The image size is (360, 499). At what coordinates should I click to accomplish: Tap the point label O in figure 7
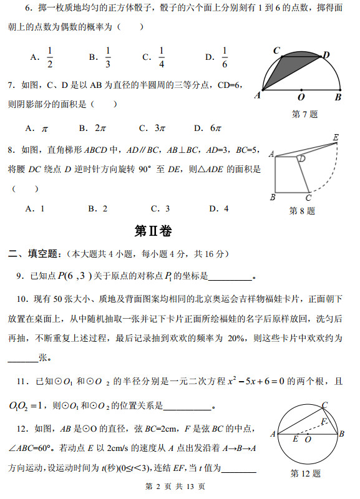click(301, 97)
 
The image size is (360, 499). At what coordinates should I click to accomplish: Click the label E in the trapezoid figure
click(336, 137)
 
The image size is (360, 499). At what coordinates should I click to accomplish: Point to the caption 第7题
click(304, 114)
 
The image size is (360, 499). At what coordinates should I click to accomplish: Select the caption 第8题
click(302, 211)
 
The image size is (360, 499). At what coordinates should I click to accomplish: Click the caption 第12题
click(305, 473)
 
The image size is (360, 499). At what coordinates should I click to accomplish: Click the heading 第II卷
click(153, 231)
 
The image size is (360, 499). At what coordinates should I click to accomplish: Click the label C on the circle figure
click(324, 405)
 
